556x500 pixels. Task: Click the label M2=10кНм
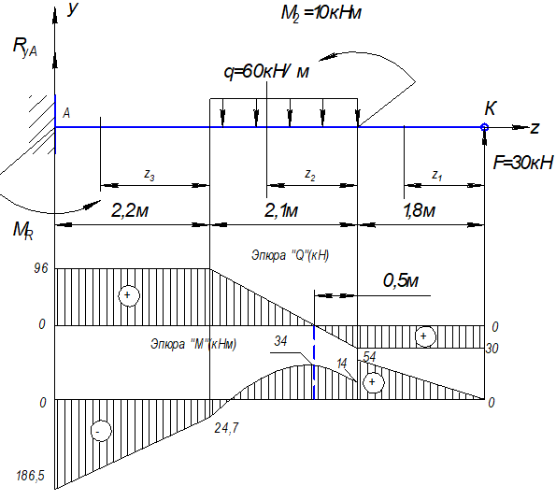click(x=321, y=14)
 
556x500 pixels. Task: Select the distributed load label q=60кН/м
click(x=266, y=72)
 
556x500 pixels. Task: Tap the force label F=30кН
click(x=523, y=163)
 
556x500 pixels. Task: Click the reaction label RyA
click(x=24, y=47)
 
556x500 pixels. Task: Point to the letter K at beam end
click(x=491, y=108)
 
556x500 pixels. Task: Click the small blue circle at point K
click(x=484, y=127)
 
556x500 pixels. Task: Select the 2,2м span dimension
click(x=130, y=210)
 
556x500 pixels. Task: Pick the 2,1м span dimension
click(x=281, y=210)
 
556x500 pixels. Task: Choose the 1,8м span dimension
click(x=420, y=210)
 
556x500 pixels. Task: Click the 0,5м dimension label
click(x=401, y=281)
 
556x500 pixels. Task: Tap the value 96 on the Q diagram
click(x=41, y=268)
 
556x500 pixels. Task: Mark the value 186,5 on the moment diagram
click(x=31, y=476)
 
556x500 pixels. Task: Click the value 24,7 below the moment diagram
click(x=226, y=428)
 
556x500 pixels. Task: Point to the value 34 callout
click(x=280, y=341)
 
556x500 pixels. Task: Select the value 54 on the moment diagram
click(x=369, y=356)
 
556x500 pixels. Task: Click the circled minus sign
click(x=101, y=431)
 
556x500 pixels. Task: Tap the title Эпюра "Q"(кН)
click(x=290, y=255)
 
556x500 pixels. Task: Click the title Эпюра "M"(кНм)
click(x=193, y=344)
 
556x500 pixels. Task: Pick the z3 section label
click(x=150, y=175)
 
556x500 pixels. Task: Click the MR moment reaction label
click(x=23, y=231)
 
